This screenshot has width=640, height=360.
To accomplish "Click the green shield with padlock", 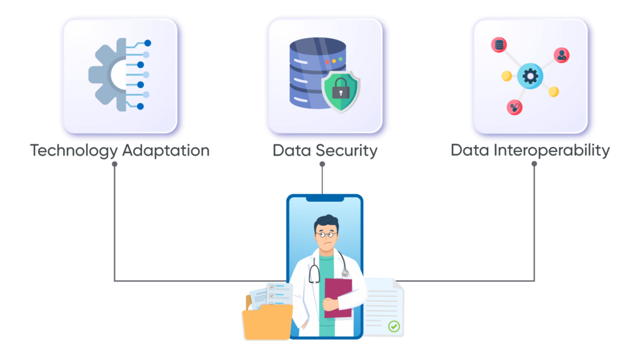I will click(341, 91).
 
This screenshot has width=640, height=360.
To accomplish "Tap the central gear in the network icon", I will click(530, 76).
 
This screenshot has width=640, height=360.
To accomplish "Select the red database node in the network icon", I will click(499, 45).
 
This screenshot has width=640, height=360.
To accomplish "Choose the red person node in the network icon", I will click(562, 55).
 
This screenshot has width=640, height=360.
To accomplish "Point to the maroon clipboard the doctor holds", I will click(337, 297).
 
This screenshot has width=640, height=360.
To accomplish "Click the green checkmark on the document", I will click(393, 326).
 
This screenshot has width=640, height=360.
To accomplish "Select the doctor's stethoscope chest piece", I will click(345, 274).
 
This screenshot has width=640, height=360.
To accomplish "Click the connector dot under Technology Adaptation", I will click(114, 164).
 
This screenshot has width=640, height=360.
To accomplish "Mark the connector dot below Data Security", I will click(322, 164).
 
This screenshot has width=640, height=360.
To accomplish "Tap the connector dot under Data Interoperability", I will click(534, 164).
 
